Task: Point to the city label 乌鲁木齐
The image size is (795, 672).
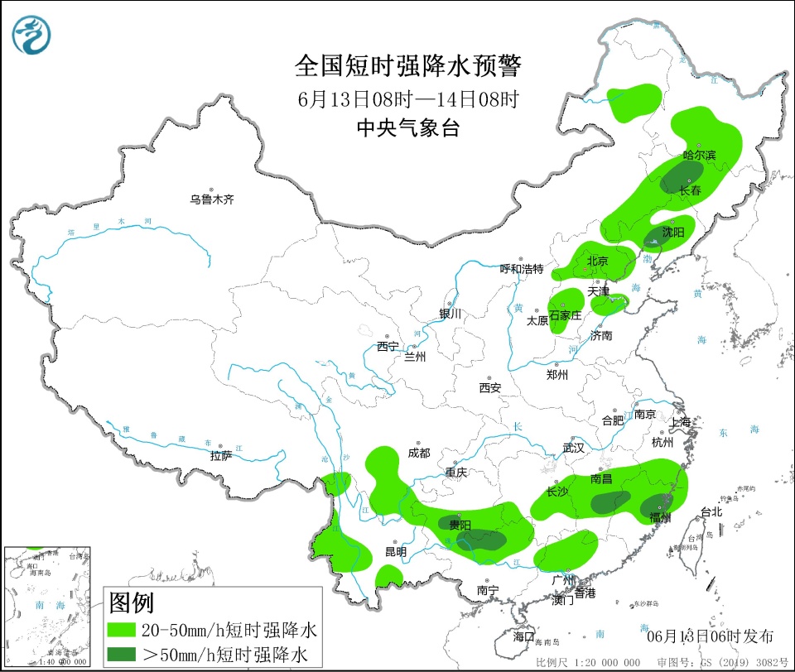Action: click(x=213, y=199)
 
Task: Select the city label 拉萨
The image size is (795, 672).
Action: click(x=220, y=455)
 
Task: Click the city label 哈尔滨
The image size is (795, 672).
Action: click(x=699, y=155)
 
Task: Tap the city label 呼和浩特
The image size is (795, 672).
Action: click(x=522, y=269)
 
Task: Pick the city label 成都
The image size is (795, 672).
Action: click(x=419, y=453)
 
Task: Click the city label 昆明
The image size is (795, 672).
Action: click(x=396, y=551)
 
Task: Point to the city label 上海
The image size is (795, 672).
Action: click(x=681, y=421)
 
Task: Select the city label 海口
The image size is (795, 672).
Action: click(x=523, y=636)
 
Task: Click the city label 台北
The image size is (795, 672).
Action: click(x=712, y=511)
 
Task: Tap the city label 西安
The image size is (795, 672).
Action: click(x=489, y=387)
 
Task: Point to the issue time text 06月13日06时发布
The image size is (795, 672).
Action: click(x=710, y=636)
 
